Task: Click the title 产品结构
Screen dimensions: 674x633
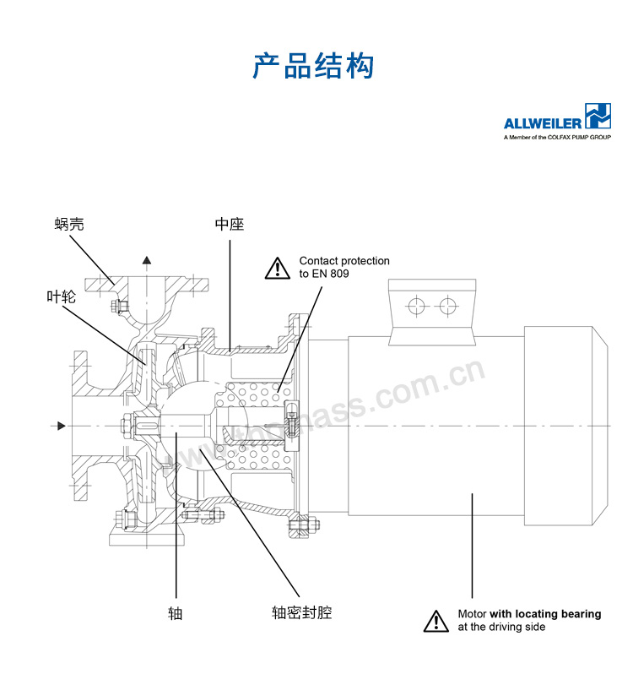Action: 312,66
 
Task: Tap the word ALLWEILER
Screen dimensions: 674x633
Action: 542,122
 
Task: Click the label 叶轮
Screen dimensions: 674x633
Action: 61,296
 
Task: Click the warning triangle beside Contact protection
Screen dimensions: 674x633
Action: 277,269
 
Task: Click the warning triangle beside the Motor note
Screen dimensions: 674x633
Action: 436,621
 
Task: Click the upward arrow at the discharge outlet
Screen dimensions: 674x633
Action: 148,261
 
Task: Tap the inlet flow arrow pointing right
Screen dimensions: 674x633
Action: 58,426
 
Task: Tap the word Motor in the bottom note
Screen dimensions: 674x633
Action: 472,614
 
